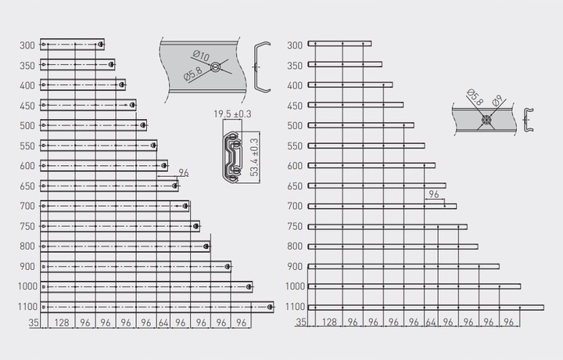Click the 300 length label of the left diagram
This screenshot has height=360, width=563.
click(x=27, y=45)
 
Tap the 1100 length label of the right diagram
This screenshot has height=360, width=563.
click(x=295, y=307)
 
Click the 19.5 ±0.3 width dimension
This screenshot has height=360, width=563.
click(x=232, y=114)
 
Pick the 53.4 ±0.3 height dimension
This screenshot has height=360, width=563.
click(x=255, y=157)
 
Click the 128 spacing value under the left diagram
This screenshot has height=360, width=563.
click(x=62, y=322)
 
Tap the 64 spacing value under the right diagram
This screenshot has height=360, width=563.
click(x=431, y=322)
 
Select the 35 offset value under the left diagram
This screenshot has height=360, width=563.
click(x=34, y=322)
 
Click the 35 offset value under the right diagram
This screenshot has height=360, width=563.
click(x=301, y=322)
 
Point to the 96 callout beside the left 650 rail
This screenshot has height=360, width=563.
click(x=184, y=173)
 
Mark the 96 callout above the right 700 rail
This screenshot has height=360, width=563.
click(x=434, y=194)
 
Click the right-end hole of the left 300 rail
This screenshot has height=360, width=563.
click(x=101, y=45)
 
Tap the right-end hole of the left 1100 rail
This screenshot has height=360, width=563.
click(x=270, y=307)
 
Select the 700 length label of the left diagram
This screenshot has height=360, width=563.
click(x=27, y=207)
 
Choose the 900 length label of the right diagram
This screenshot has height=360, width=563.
click(x=295, y=267)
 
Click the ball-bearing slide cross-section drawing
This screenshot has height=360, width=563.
click(x=232, y=157)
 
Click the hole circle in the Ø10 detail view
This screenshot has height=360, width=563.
click(x=215, y=67)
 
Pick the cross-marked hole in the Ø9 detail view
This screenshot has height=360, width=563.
click(x=486, y=120)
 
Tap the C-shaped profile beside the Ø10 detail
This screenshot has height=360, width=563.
click(x=261, y=67)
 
